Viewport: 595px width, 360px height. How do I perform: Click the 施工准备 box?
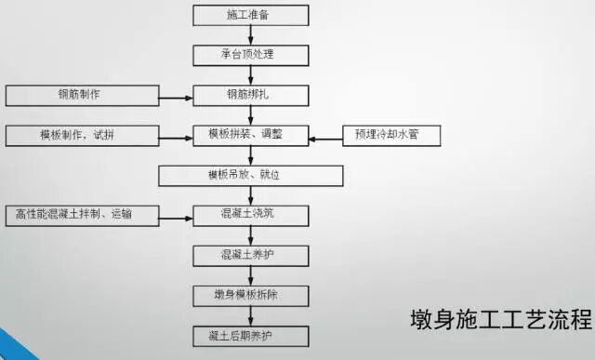[251, 15]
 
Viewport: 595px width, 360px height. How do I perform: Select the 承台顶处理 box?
[251, 54]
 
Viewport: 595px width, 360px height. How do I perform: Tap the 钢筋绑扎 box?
[251, 95]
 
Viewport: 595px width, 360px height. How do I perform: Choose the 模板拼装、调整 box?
[251, 135]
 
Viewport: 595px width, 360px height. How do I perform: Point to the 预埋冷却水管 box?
[391, 136]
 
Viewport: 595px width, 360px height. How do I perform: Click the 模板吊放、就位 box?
[251, 175]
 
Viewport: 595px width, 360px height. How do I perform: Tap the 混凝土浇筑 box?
[251, 215]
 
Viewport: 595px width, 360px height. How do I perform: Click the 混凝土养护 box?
[251, 254]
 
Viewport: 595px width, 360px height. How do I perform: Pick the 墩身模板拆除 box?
[251, 294]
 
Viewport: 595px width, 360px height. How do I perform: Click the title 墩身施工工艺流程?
[500, 320]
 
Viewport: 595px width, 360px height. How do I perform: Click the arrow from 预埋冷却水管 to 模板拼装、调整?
[325, 139]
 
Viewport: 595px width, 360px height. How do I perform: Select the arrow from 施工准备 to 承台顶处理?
[251, 34]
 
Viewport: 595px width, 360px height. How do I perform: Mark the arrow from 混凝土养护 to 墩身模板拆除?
[251, 274]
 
